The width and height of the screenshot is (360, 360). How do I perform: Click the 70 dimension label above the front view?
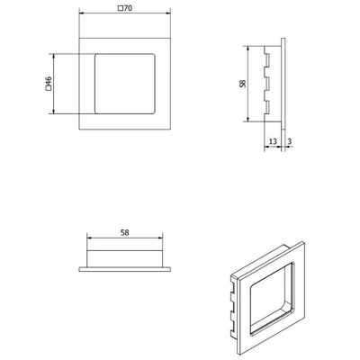coord(128,8)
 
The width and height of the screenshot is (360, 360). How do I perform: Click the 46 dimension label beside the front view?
coord(49,81)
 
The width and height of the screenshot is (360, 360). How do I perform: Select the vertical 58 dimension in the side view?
coord(243,84)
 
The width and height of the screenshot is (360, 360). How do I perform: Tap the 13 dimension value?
coord(273,141)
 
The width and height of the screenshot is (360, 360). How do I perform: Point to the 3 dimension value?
coord(290,141)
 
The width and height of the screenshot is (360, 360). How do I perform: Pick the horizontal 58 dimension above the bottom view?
coord(124,232)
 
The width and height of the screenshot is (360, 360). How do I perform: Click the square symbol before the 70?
coord(121,8)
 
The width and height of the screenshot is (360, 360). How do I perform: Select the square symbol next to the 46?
coord(49,88)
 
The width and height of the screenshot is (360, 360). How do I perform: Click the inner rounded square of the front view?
coord(125,54)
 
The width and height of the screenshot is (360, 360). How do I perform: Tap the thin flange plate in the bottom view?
coord(125,269)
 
